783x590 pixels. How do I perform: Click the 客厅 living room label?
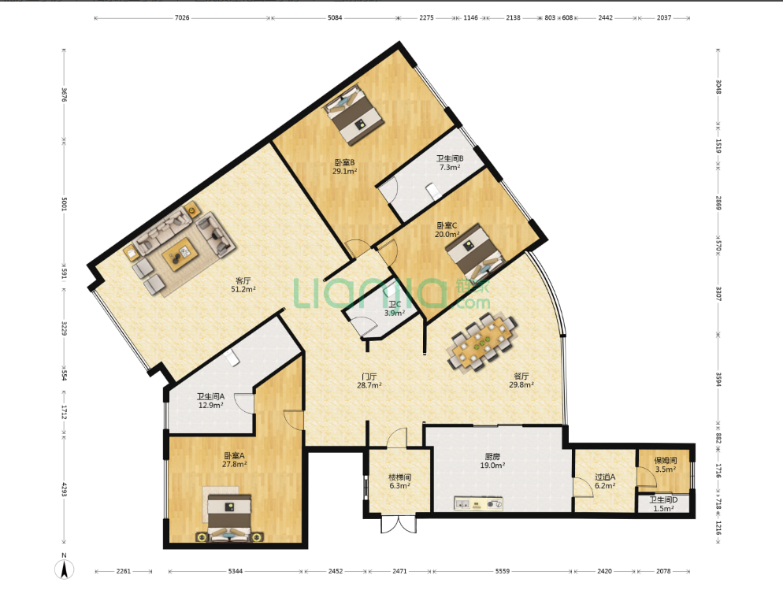(x=243, y=280)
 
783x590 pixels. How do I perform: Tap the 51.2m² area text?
(x=243, y=290)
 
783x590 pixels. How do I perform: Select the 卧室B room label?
(x=344, y=162)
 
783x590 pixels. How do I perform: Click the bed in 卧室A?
(x=229, y=518)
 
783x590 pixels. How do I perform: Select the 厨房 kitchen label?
(x=492, y=456)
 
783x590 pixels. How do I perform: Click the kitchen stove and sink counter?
(x=478, y=503)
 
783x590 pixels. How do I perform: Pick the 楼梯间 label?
(x=399, y=477)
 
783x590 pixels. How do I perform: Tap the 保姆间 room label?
(x=665, y=460)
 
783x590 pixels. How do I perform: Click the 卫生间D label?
(x=663, y=499)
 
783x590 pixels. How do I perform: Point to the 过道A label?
(x=605, y=477)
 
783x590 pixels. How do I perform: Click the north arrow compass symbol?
(x=65, y=569)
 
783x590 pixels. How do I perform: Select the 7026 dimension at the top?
(x=182, y=18)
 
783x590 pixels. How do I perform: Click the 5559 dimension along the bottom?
(x=503, y=571)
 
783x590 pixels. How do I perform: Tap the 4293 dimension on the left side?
(x=64, y=489)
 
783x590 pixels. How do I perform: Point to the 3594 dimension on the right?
(x=718, y=380)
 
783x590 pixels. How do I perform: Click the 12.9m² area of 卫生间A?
(x=211, y=406)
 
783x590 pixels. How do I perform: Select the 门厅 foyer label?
(x=369, y=377)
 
